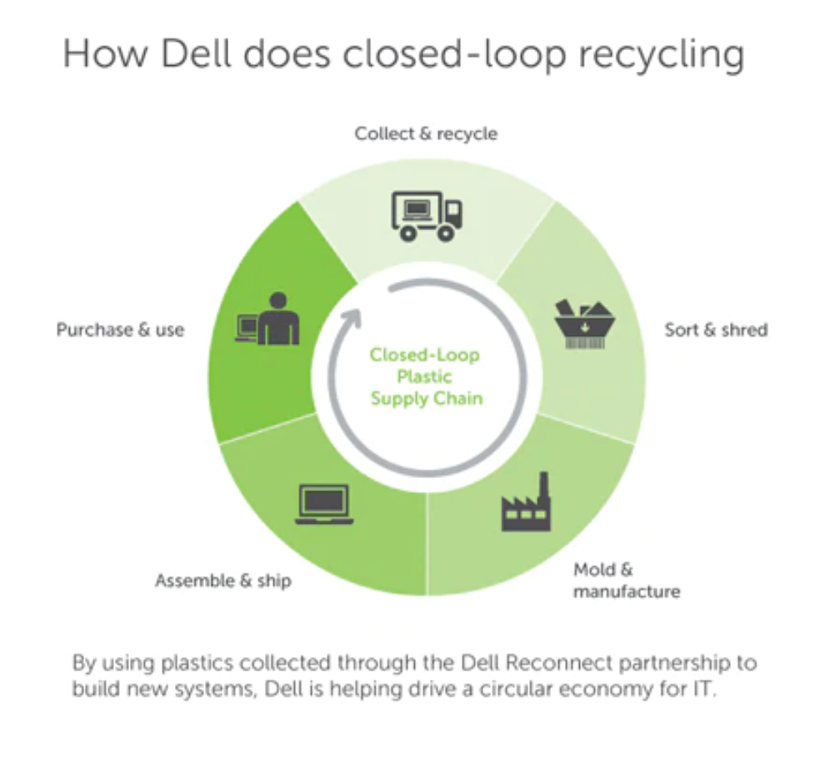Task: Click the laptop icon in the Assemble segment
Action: (324, 504)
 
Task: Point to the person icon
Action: (277, 319)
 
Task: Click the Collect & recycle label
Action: (426, 133)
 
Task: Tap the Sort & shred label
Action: (716, 329)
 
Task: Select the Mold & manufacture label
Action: (626, 580)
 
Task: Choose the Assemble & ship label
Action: (223, 580)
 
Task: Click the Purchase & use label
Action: (120, 329)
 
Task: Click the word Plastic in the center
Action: (425, 377)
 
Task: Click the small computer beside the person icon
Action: (247, 325)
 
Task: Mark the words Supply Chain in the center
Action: (426, 399)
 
